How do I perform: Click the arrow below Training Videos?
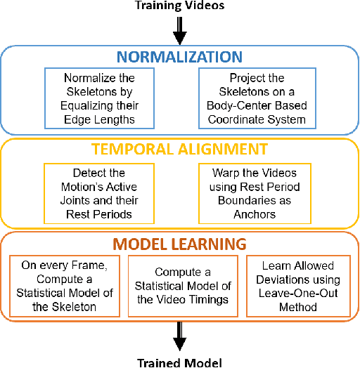pos(179,32)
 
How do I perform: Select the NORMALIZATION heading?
pos(179,57)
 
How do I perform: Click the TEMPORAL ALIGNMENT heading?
pos(179,149)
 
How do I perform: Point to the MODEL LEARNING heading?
pos(179,244)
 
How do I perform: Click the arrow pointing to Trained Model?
pos(179,336)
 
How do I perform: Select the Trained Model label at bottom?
pos(179,362)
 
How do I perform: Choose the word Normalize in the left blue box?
pos(89,79)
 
